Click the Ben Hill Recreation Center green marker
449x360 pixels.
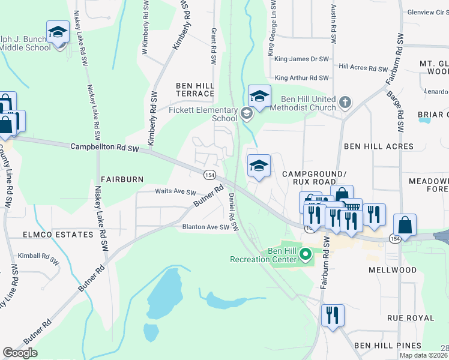click(x=306, y=254)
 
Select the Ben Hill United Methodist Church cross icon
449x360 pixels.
click(x=345, y=103)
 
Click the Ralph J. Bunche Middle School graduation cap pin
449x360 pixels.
click(x=58, y=33)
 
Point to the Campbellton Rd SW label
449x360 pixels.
click(x=104, y=147)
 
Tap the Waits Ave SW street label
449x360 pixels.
click(x=176, y=193)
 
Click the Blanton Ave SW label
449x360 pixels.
click(x=206, y=227)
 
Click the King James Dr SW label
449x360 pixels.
click(x=302, y=59)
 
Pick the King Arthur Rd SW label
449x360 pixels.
click(x=302, y=78)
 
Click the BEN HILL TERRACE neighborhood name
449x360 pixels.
click(x=195, y=89)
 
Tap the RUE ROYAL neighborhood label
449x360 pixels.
click(x=411, y=317)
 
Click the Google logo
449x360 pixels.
click(x=20, y=353)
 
